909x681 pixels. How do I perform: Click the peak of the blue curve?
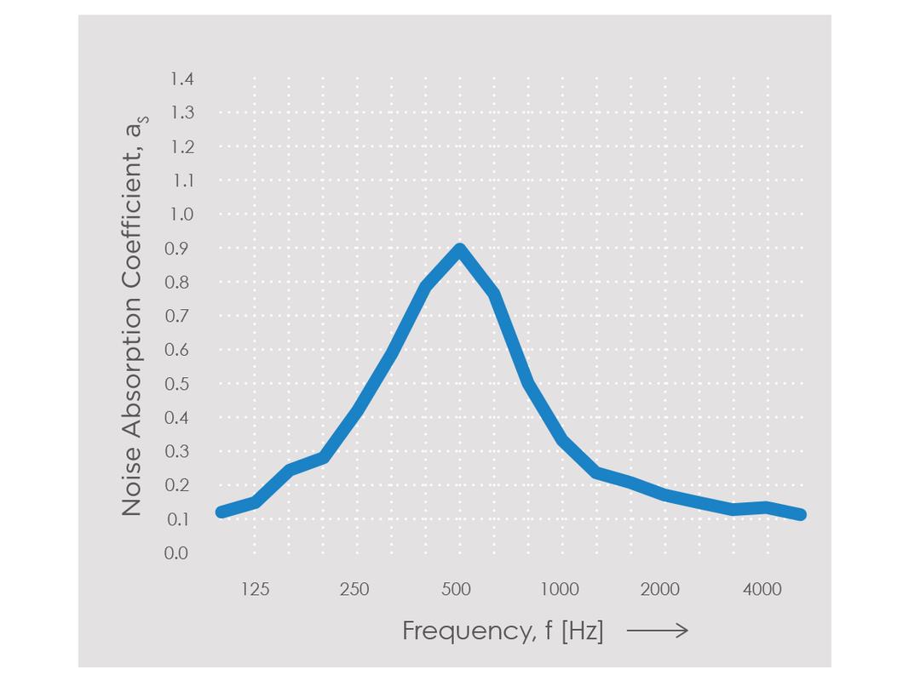(x=460, y=250)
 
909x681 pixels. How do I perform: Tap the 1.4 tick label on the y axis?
(x=181, y=79)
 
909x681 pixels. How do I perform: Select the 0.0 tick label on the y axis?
(x=176, y=553)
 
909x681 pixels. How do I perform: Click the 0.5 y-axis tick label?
(x=176, y=384)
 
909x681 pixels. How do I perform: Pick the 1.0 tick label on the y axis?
(x=180, y=215)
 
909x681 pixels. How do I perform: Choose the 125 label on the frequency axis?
(x=255, y=589)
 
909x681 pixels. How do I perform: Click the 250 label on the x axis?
(x=354, y=589)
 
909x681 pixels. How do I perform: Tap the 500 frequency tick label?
(x=457, y=589)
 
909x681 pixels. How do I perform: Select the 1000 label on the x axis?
(x=559, y=589)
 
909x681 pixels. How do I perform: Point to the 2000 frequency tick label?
(x=660, y=589)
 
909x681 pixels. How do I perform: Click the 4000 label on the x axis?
(x=762, y=589)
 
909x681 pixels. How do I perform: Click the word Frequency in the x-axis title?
(x=456, y=631)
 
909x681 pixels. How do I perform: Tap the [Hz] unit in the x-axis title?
(x=582, y=631)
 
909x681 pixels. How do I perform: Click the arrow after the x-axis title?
(x=657, y=631)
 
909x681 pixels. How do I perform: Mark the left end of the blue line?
(x=221, y=512)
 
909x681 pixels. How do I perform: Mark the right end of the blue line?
(x=801, y=514)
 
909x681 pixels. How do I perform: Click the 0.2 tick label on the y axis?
(x=176, y=485)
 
